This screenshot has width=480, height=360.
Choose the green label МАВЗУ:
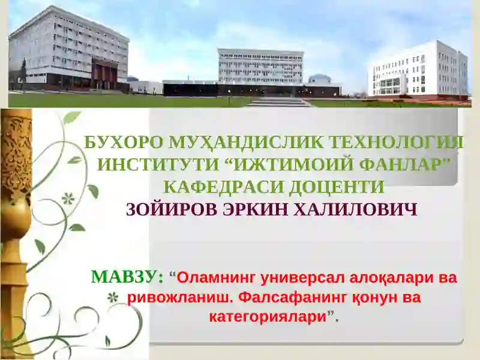point(127,277)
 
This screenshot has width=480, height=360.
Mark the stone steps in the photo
point(280,102)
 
